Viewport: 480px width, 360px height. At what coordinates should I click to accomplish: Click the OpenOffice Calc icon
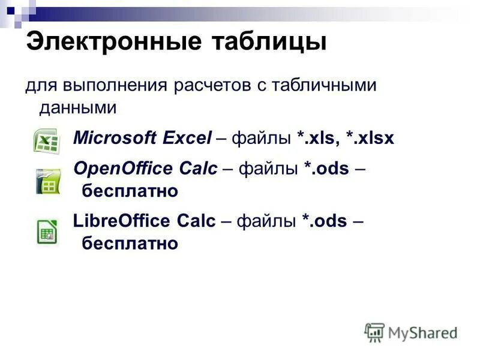click(47, 182)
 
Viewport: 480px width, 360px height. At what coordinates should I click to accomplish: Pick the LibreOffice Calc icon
click(47, 232)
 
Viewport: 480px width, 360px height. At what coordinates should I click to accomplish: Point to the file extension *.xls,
click(317, 139)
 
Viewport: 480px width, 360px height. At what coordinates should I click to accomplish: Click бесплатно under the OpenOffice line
click(130, 191)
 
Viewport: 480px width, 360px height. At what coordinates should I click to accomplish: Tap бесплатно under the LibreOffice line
click(130, 244)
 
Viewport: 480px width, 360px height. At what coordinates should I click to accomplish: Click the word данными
click(77, 108)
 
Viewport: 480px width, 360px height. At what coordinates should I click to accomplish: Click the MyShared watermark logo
click(411, 332)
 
